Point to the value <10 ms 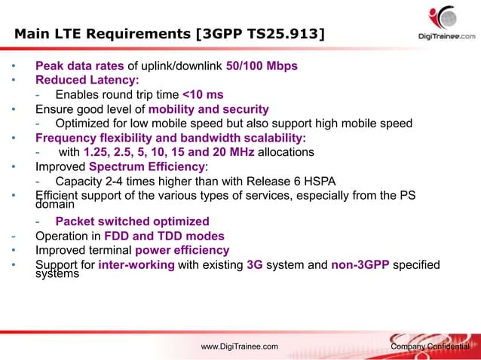203,95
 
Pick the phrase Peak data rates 79,66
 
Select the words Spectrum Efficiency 146,167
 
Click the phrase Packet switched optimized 133,221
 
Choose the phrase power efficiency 182,250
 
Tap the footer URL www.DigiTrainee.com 239,346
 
